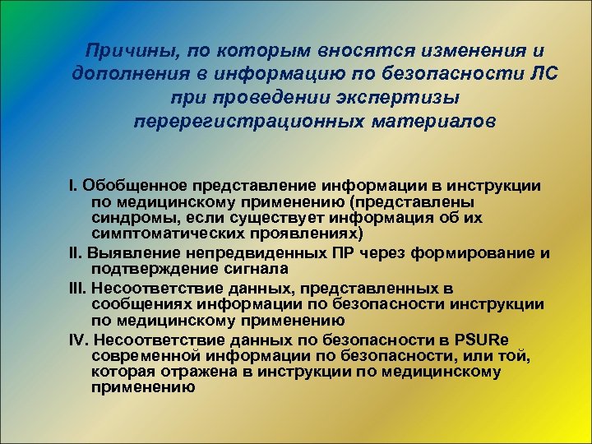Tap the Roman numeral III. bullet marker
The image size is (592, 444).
(x=78, y=289)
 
